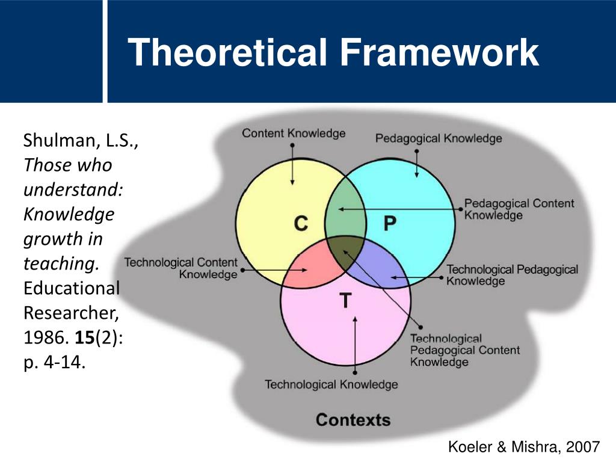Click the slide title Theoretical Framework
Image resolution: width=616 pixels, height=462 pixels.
coord(334,52)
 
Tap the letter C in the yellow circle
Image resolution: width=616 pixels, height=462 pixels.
coord(301,224)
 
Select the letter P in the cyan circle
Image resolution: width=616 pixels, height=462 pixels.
coord(390,224)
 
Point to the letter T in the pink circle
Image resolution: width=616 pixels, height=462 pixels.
coord(345,300)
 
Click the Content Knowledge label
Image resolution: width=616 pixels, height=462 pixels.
coord(294,133)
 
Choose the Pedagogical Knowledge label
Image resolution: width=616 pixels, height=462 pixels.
coord(439,138)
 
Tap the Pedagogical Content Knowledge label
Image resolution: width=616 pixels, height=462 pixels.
coord(519,209)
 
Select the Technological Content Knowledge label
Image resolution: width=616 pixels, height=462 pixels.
coord(181,268)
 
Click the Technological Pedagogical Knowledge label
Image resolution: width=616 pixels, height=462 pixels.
coord(512,275)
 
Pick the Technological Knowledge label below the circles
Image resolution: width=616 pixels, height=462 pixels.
coord(331,384)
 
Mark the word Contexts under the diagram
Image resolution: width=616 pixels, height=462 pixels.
coord(353,419)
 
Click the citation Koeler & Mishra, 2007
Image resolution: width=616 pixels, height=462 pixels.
coord(524,446)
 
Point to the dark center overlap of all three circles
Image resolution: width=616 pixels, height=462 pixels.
coord(345,253)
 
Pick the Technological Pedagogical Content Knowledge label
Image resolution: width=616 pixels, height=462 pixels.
coord(465,350)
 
